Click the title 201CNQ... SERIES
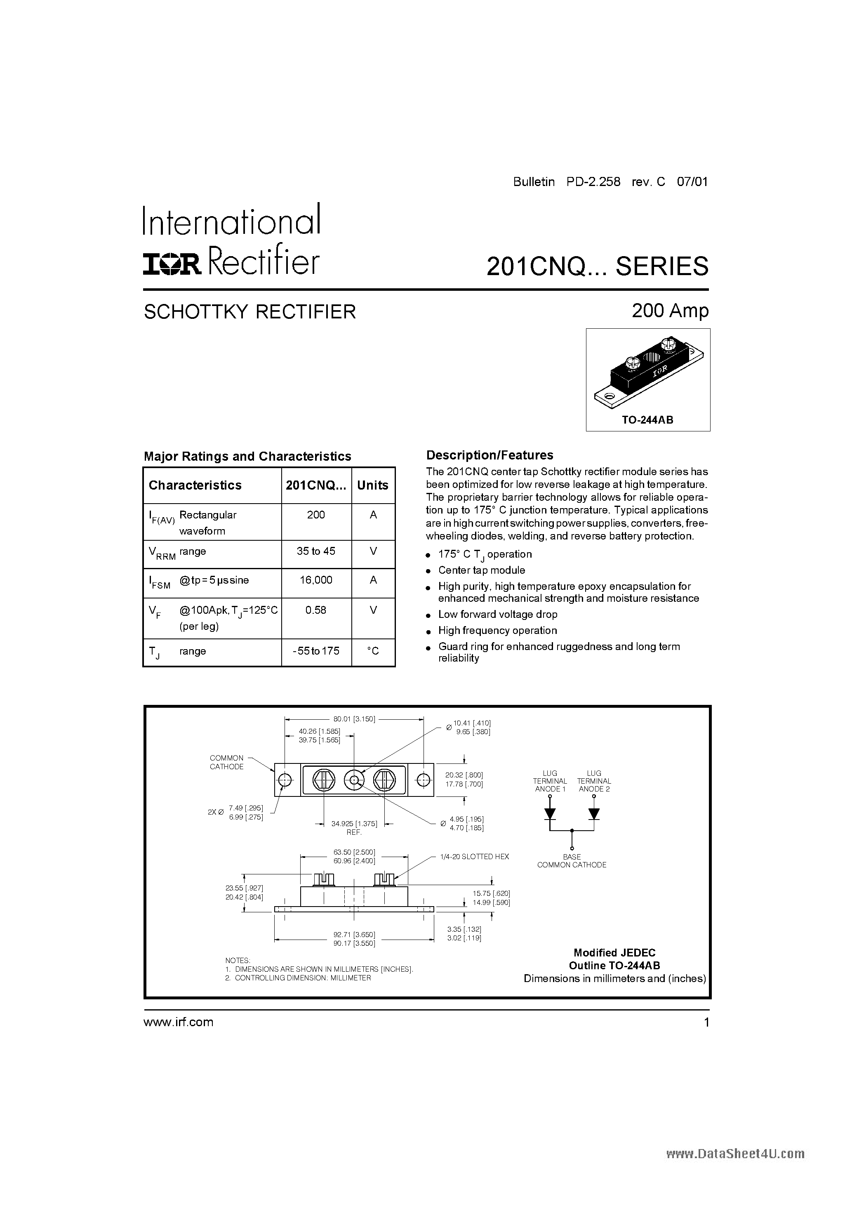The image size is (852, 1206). (597, 266)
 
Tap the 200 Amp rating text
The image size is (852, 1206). (670, 311)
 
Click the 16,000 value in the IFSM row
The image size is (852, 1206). (316, 580)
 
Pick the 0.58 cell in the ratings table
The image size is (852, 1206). (316, 610)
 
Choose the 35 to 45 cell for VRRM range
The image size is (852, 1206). (316, 551)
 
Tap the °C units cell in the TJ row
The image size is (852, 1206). (373, 651)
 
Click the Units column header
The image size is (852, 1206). (372, 485)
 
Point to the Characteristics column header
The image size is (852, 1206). (195, 485)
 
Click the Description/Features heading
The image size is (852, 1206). (490, 455)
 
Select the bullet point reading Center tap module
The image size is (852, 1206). (481, 570)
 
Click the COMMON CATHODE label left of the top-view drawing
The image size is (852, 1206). (226, 762)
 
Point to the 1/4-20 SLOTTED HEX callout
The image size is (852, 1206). (474, 857)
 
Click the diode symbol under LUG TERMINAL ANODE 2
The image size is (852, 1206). (594, 814)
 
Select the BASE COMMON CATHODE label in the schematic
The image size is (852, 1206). (572, 861)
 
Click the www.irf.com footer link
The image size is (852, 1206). (179, 1022)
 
